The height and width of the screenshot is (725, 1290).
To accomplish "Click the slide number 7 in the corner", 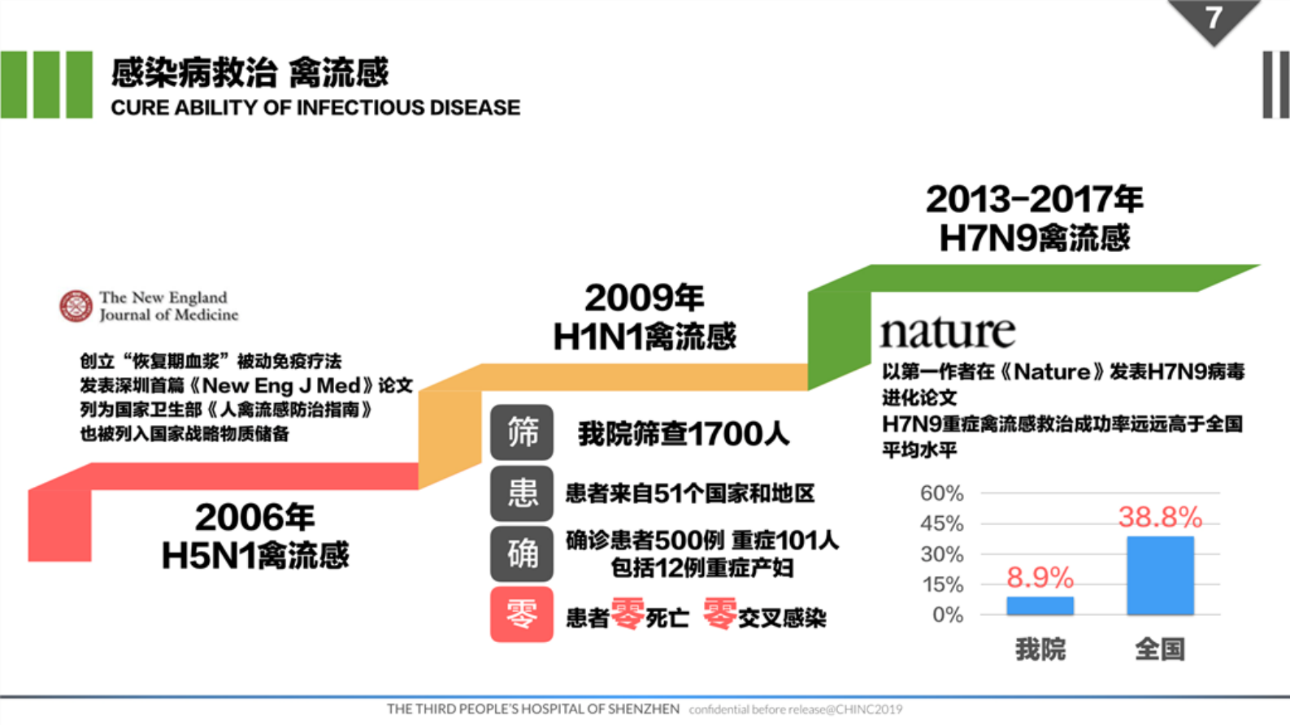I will pyautogui.click(x=1214, y=18).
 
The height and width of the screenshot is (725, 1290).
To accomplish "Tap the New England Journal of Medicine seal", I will pyautogui.click(x=76, y=306).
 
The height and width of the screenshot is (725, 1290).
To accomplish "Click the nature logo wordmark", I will pyautogui.click(x=948, y=332).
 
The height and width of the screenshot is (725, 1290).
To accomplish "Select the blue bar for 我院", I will pyautogui.click(x=1040, y=606).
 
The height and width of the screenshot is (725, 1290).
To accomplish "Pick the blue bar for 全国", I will pyautogui.click(x=1160, y=575).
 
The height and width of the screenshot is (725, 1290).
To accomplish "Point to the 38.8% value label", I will pyautogui.click(x=1160, y=517).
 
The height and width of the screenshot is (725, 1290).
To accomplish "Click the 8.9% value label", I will pyautogui.click(x=1040, y=578).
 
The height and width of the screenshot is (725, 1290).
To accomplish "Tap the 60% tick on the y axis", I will pyautogui.click(x=941, y=493).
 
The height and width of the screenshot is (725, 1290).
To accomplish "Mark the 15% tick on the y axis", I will pyautogui.click(x=942, y=584).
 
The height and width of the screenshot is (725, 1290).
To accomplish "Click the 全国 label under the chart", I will pyautogui.click(x=1160, y=649).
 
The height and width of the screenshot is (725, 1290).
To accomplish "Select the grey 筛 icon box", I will pyautogui.click(x=522, y=432).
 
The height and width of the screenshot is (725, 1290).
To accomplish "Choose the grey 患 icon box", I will pyautogui.click(x=522, y=493).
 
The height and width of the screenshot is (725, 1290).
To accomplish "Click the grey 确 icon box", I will pyautogui.click(x=522, y=554).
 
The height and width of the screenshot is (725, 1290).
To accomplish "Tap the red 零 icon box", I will pyautogui.click(x=522, y=614).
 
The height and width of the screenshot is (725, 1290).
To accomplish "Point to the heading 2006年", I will pyautogui.click(x=254, y=517).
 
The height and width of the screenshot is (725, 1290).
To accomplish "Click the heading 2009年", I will pyautogui.click(x=644, y=297).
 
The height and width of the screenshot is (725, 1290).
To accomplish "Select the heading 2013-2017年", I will pyautogui.click(x=1034, y=199).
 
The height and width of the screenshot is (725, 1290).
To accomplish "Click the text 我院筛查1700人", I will pyautogui.click(x=684, y=434).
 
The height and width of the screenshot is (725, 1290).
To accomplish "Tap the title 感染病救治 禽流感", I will pyautogui.click(x=250, y=73).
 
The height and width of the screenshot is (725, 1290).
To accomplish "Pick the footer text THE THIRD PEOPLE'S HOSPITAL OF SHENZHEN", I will pyautogui.click(x=533, y=709).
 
